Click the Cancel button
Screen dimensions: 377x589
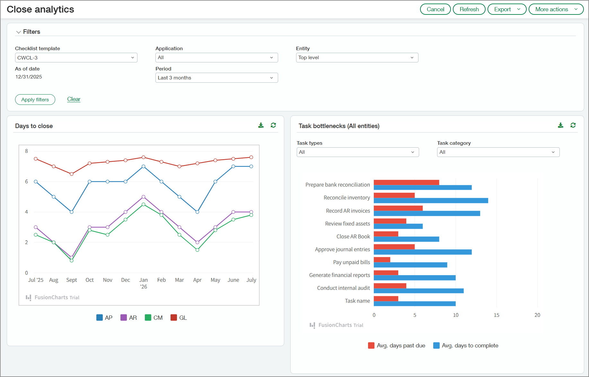pyautogui.click(x=435, y=9)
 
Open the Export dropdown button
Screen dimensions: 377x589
pyautogui.click(x=506, y=9)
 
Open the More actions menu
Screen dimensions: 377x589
pyautogui.click(x=556, y=9)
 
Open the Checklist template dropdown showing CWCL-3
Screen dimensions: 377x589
pyautogui.click(x=76, y=58)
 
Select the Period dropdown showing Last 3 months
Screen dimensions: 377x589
pyautogui.click(x=216, y=78)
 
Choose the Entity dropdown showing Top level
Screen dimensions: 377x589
pyautogui.click(x=357, y=58)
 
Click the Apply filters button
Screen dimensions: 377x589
pyautogui.click(x=35, y=100)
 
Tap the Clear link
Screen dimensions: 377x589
pyautogui.click(x=74, y=99)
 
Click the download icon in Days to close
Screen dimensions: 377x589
pyautogui.click(x=261, y=125)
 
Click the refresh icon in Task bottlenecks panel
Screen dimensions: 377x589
pyautogui.click(x=573, y=125)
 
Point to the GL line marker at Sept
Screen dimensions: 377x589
pyautogui.click(x=72, y=174)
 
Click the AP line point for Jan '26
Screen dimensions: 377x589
pyautogui.click(x=144, y=166)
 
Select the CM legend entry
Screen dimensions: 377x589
pyautogui.click(x=154, y=318)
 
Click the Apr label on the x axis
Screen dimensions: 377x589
pyautogui.click(x=197, y=280)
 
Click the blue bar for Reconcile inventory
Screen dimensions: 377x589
pyautogui.click(x=431, y=201)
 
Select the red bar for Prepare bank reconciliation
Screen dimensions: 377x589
pyautogui.click(x=406, y=182)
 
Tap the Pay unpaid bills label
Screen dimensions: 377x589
pyautogui.click(x=351, y=262)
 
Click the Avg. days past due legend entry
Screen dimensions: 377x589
pyautogui.click(x=397, y=345)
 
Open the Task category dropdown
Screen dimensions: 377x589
pyautogui.click(x=498, y=152)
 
